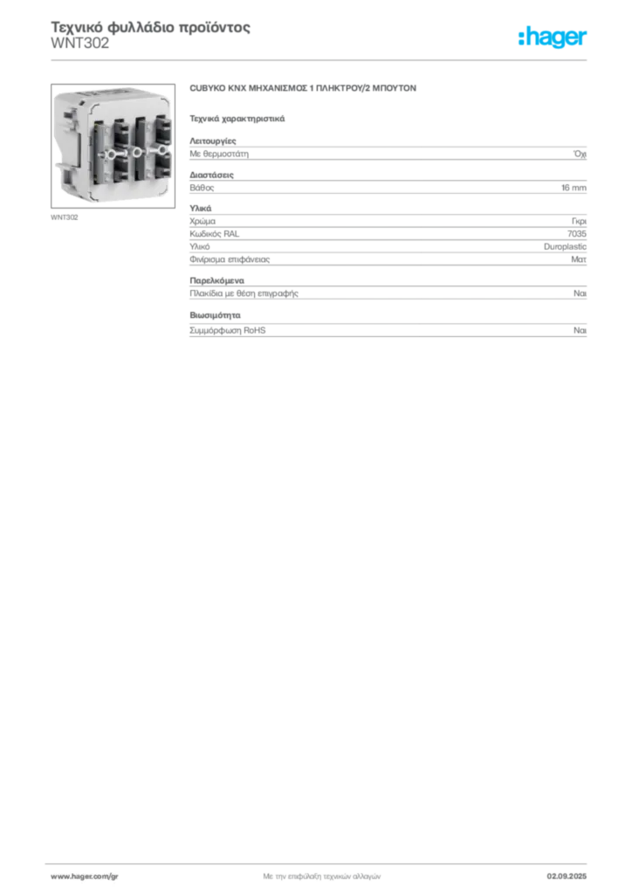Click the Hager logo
(x=553, y=37)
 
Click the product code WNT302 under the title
(x=79, y=44)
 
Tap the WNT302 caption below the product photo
(x=65, y=217)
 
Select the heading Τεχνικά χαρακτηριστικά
(x=237, y=119)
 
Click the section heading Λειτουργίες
(x=213, y=141)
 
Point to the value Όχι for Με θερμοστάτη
(x=580, y=154)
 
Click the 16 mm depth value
(x=574, y=188)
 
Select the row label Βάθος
(x=202, y=188)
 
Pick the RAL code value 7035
(x=577, y=234)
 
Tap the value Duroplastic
(x=565, y=246)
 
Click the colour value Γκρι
(x=579, y=221)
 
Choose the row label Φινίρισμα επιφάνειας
(x=230, y=259)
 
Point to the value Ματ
(x=579, y=259)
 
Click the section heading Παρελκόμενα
(x=216, y=280)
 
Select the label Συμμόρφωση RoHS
(x=227, y=330)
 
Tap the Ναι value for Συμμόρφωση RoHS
(x=580, y=330)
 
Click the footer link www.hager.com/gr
(x=85, y=877)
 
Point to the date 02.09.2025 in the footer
(x=567, y=877)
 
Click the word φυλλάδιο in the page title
(x=141, y=27)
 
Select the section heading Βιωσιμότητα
(x=215, y=314)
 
